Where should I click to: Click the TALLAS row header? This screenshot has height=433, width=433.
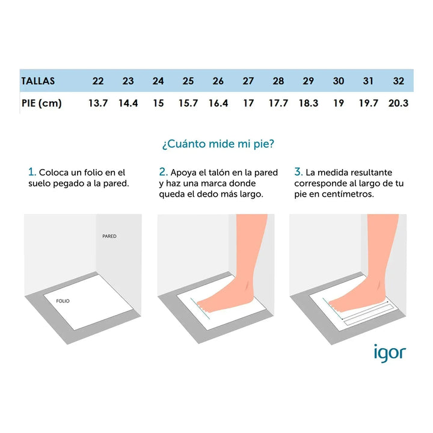tap(38, 81)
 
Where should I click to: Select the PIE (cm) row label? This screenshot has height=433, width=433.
tap(41, 103)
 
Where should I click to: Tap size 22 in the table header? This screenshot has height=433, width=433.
tap(98, 81)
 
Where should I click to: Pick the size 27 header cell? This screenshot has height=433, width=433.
tap(248, 81)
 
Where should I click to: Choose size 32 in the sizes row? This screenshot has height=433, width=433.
tap(399, 81)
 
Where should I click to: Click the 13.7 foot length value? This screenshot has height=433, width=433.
tap(98, 103)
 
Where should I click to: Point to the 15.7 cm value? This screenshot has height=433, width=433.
tap(188, 103)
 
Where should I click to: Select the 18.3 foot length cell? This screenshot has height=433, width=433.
tap(309, 103)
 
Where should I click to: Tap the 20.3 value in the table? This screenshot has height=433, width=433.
tap(398, 103)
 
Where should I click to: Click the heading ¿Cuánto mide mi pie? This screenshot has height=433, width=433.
tap(218, 144)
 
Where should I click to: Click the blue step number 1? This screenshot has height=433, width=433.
tap(32, 172)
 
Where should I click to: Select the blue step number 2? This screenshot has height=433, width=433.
tap(163, 172)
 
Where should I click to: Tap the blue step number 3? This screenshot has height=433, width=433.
tap(298, 172)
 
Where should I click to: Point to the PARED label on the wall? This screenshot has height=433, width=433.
tap(109, 236)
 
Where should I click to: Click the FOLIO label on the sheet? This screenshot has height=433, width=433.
tap(63, 301)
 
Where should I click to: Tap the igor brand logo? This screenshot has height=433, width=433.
tap(390, 353)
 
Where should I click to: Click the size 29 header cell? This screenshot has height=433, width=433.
tap(309, 81)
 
